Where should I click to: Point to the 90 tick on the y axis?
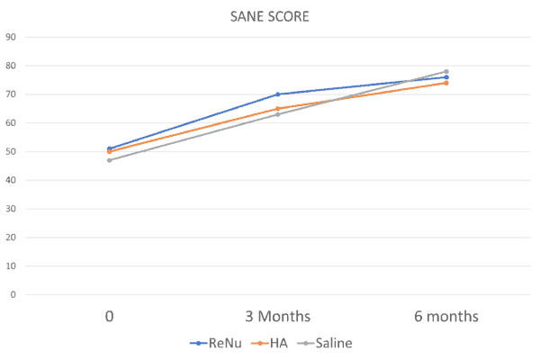pos(11,37)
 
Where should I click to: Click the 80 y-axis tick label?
pos(11,66)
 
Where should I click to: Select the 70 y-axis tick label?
pos(11,94)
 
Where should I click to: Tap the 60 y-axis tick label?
pos(11,123)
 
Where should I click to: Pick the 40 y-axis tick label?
pos(11,180)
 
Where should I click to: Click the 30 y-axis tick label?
pos(11,209)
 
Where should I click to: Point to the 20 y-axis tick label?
pos(11,238)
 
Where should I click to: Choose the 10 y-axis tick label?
pos(11,266)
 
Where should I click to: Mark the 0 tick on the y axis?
pos(13,294)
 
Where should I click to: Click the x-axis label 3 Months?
pos(278,316)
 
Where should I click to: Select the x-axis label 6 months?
pos(446,316)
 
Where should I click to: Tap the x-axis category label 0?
pos(110,316)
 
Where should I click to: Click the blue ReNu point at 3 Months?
pos(278,94)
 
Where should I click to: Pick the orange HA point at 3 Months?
pos(278,108)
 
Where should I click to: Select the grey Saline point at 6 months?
pos(446,71)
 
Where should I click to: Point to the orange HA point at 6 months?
pos(446,83)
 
